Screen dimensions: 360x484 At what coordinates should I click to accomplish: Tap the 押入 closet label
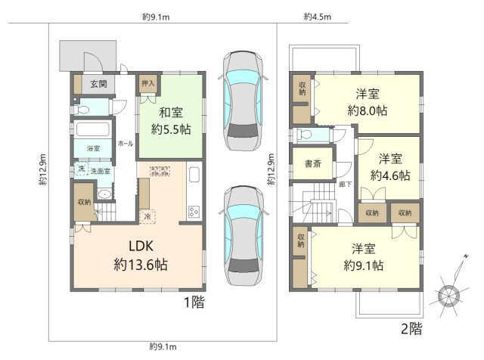click(x=147, y=83)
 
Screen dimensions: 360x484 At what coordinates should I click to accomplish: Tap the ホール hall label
click(x=126, y=143)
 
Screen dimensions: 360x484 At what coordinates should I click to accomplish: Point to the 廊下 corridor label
click(x=345, y=184)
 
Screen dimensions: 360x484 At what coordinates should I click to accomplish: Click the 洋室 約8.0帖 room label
click(x=368, y=102)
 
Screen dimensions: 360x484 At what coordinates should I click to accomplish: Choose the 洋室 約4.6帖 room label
click(x=390, y=167)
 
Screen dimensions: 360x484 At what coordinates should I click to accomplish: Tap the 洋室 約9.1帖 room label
click(x=363, y=257)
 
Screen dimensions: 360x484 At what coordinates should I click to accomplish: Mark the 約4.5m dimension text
click(x=315, y=16)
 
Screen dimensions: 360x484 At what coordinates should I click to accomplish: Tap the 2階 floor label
click(x=411, y=329)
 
